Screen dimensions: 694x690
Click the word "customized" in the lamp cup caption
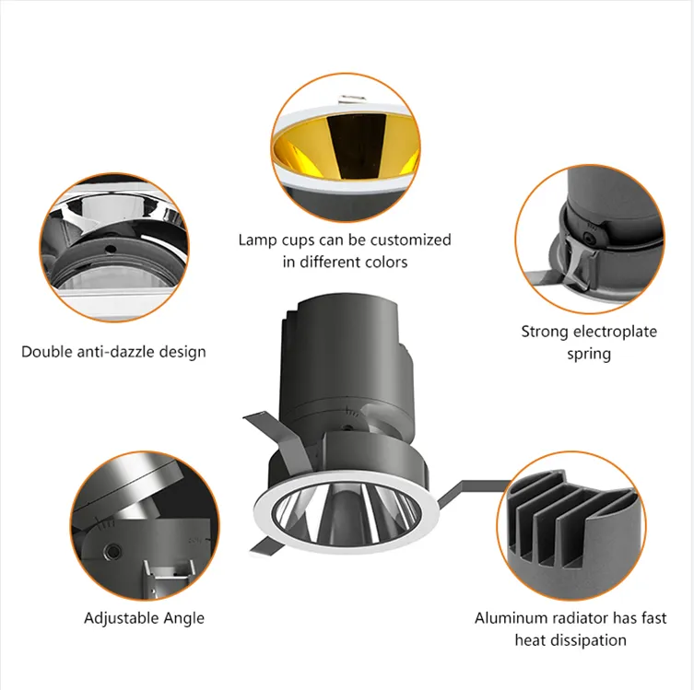pos(411,240)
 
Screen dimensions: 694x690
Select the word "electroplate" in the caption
pos(618,332)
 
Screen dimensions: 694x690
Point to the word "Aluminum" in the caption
pos(504,618)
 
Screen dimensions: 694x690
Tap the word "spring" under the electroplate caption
pos(589,355)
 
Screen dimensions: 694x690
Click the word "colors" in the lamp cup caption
pos(386,262)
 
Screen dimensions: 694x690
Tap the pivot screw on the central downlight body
pos(348,428)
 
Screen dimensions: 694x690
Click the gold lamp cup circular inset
pos(346,147)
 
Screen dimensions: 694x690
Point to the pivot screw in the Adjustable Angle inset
pos(112,551)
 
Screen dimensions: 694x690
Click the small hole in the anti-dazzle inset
pos(111,249)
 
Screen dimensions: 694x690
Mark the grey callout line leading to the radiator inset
pos(471,492)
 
